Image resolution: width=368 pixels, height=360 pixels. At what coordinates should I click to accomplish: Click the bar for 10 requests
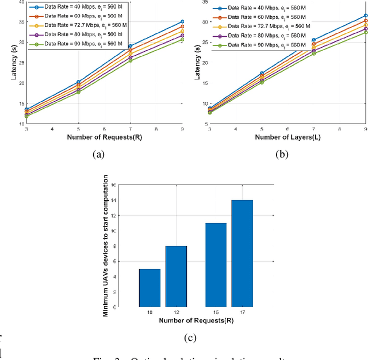click(149, 288)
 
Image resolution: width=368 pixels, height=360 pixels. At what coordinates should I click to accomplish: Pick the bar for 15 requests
click(215, 265)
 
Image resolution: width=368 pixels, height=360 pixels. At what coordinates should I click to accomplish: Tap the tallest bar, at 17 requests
click(241, 253)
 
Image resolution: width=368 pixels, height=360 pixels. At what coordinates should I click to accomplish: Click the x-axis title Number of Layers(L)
click(287, 137)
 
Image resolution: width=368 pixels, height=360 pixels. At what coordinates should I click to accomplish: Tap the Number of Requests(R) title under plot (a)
click(104, 137)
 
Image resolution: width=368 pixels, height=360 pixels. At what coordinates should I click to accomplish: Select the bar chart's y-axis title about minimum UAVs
click(105, 246)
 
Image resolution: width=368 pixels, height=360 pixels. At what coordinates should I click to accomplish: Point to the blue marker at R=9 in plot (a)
click(182, 21)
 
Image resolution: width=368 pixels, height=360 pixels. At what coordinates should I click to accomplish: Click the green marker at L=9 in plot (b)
click(366, 32)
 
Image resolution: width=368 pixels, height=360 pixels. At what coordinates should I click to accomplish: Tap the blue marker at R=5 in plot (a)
click(78, 82)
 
